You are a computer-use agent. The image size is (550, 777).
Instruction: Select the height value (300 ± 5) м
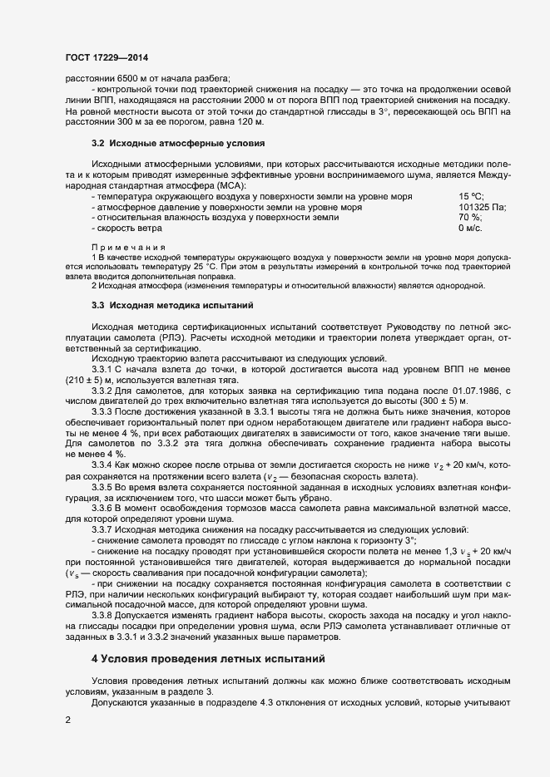[x=449, y=401]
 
